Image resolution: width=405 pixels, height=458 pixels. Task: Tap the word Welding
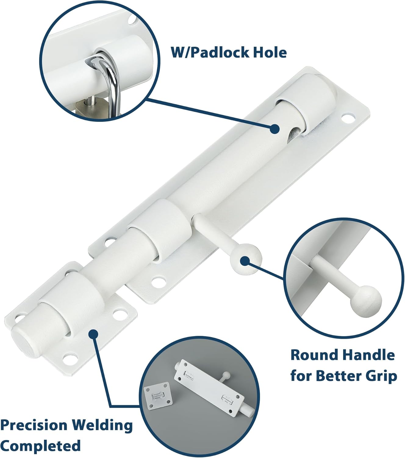pyautogui.click(x=103, y=425)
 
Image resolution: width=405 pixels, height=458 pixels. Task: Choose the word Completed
pyautogui.click(x=41, y=446)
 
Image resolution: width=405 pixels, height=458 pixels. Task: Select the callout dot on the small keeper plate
pyautogui.click(x=93, y=334)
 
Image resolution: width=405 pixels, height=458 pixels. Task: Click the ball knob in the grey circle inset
pyautogui.click(x=226, y=374)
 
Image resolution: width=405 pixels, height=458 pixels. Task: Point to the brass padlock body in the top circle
pyautogui.click(x=91, y=109)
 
